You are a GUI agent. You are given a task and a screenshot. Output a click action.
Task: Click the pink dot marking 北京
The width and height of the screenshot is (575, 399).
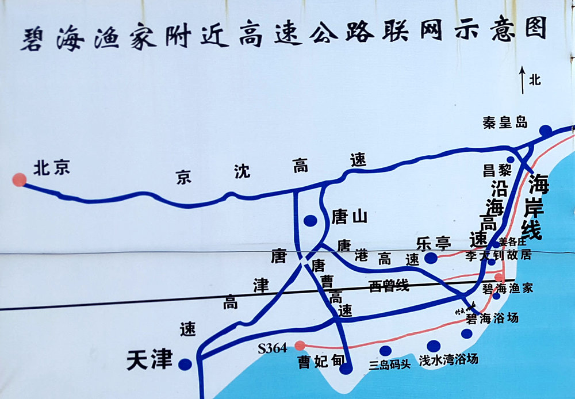pyautogui.click(x=20, y=180)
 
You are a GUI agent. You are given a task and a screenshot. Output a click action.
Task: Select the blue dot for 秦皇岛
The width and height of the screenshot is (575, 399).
pyautogui.click(x=545, y=131)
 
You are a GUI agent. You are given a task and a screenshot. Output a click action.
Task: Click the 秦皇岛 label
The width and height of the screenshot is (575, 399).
pyautogui.click(x=505, y=122)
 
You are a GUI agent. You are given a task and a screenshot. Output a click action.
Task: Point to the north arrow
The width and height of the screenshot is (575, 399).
pyautogui.click(x=522, y=79)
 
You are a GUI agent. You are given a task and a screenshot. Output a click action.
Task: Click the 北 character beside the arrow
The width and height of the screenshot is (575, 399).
pyautogui.click(x=535, y=80)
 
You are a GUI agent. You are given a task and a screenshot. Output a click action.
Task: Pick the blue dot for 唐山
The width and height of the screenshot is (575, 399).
pyautogui.click(x=310, y=220)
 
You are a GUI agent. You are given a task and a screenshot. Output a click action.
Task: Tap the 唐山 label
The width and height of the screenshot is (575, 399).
pyautogui.click(x=349, y=216)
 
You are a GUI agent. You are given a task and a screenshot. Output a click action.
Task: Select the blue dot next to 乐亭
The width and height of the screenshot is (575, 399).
pyautogui.click(x=431, y=258)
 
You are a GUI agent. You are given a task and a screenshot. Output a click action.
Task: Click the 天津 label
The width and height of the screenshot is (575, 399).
pyautogui.click(x=149, y=360)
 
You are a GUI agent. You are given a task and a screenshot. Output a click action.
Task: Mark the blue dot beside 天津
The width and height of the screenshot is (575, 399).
pyautogui.click(x=185, y=364)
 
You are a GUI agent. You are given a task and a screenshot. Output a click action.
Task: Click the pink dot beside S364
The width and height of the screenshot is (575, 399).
pyautogui.click(x=300, y=346)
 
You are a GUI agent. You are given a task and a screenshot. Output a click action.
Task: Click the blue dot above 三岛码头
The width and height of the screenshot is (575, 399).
pyautogui.click(x=385, y=351)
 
